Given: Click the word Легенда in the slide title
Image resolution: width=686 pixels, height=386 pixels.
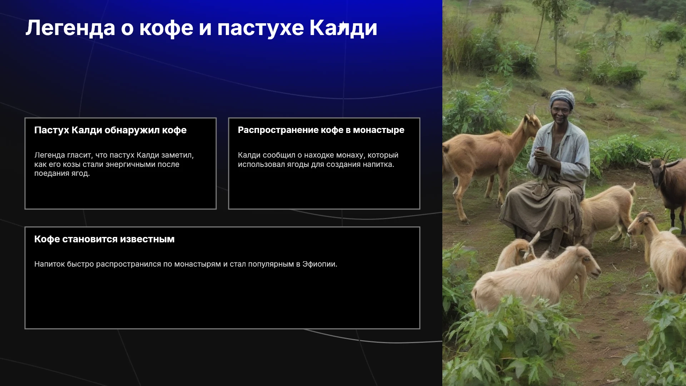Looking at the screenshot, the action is click(x=70, y=28).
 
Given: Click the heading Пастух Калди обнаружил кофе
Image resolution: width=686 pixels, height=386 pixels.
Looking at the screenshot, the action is click(x=110, y=130).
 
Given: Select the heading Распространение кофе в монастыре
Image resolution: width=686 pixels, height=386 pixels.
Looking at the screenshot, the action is click(x=321, y=130).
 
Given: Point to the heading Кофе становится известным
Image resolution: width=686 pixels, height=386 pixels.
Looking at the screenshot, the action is click(x=104, y=239).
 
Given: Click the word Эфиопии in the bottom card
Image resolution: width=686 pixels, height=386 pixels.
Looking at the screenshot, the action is click(x=320, y=264).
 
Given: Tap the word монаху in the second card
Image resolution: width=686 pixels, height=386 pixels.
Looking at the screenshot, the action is click(x=349, y=155).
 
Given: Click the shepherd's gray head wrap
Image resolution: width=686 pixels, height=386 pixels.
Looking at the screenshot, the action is click(x=562, y=98).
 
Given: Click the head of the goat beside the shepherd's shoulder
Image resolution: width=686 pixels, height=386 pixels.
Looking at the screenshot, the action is click(x=532, y=120).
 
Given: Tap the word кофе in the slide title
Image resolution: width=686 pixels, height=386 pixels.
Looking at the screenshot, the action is click(x=166, y=28).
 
